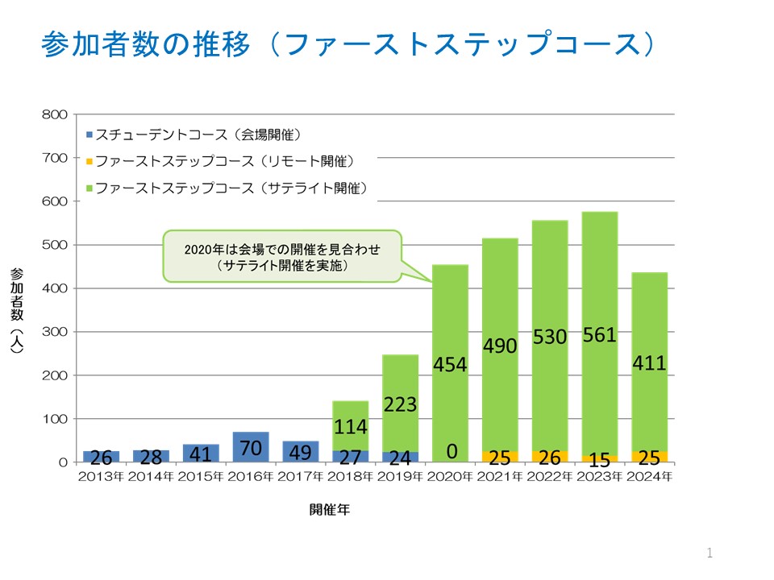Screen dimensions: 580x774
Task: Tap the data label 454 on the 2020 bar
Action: pos(450,364)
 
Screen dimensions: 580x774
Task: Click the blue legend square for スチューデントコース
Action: pos(89,134)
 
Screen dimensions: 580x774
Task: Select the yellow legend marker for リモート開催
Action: pos(89,161)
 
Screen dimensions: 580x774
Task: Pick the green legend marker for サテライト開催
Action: pos(89,188)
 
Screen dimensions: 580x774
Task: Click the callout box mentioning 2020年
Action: pos(282,256)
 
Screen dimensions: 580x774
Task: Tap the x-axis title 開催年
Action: pos(329,509)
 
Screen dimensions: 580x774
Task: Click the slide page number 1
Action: pos(709,553)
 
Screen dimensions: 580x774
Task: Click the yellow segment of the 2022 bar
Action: pos(549,457)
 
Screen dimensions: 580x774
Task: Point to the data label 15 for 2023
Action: pos(599,459)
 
